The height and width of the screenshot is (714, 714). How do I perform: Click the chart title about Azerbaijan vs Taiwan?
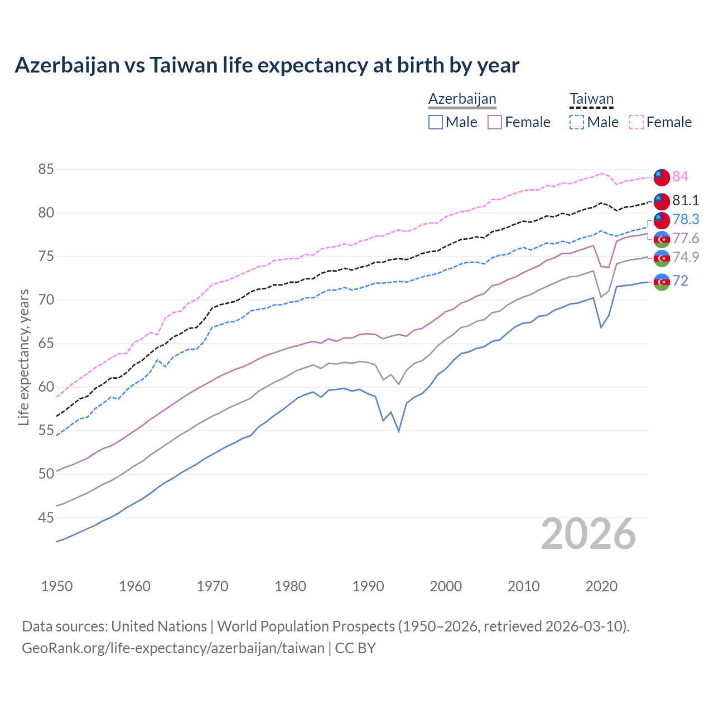pos(267,65)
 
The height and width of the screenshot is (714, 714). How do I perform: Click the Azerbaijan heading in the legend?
pos(462,99)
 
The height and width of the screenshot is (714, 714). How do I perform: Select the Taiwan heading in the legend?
pos(591,99)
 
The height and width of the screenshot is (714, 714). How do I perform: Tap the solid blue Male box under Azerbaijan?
pos(436,122)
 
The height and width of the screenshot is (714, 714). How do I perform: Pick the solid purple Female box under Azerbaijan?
pos(495,122)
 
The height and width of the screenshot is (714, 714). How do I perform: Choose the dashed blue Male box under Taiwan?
pos(577,122)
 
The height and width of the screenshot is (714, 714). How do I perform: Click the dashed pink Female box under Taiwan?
pos(636,122)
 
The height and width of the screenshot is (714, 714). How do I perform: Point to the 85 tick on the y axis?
pos(46,169)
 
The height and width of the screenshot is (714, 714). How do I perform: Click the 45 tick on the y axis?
pos(46,518)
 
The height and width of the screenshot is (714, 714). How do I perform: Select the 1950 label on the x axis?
pos(57,586)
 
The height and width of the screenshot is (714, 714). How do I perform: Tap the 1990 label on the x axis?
pos(368,586)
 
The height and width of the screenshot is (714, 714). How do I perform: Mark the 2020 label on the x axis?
pos(601,586)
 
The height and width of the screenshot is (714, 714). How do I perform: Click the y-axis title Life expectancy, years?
pos(23,357)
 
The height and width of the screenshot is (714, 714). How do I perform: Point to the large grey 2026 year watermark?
pos(588,534)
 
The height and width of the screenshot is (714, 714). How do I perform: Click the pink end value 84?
pos(680,176)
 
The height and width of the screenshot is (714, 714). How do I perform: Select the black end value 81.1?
pos(685,200)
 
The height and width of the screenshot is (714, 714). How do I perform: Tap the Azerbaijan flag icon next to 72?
pos(662,282)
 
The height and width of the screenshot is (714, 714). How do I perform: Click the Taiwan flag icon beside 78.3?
pos(662,219)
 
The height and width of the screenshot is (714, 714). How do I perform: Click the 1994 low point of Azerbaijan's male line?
pos(398,431)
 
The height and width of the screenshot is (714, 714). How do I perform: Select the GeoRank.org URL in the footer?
pos(173,648)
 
